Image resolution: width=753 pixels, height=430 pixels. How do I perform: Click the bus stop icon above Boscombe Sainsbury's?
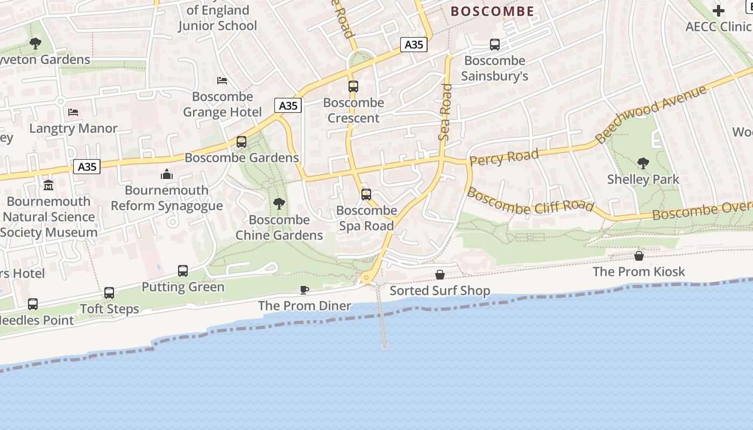point(494,45)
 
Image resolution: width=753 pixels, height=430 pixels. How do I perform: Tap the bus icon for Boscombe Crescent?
point(353,86)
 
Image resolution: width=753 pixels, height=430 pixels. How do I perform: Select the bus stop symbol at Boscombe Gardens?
point(241,142)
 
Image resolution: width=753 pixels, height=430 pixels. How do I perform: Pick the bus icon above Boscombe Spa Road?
point(366,195)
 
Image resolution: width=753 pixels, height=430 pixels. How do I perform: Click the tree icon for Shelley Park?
point(643,163)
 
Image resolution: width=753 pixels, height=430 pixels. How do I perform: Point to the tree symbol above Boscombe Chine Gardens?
point(279,203)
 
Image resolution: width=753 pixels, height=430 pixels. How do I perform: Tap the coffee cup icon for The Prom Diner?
point(304,290)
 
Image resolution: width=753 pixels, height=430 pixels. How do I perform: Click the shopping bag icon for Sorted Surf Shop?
point(440,275)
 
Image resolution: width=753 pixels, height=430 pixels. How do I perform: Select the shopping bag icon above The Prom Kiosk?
point(639,256)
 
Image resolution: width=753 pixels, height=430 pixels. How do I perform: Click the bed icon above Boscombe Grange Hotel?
point(222,81)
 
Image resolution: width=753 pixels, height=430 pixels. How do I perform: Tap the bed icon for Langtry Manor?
point(73,112)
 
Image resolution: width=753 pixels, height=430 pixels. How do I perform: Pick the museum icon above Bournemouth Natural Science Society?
point(48,185)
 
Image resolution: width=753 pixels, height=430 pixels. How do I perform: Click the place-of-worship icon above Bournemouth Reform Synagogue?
point(167,174)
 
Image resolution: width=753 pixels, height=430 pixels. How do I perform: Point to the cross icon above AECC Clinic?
point(718,11)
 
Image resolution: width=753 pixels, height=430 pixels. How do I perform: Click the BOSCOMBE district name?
point(492,11)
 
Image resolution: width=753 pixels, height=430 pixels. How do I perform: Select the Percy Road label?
point(504,157)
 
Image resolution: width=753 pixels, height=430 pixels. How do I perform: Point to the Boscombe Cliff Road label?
point(530,200)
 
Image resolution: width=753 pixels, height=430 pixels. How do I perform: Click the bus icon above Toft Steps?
point(109,293)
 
